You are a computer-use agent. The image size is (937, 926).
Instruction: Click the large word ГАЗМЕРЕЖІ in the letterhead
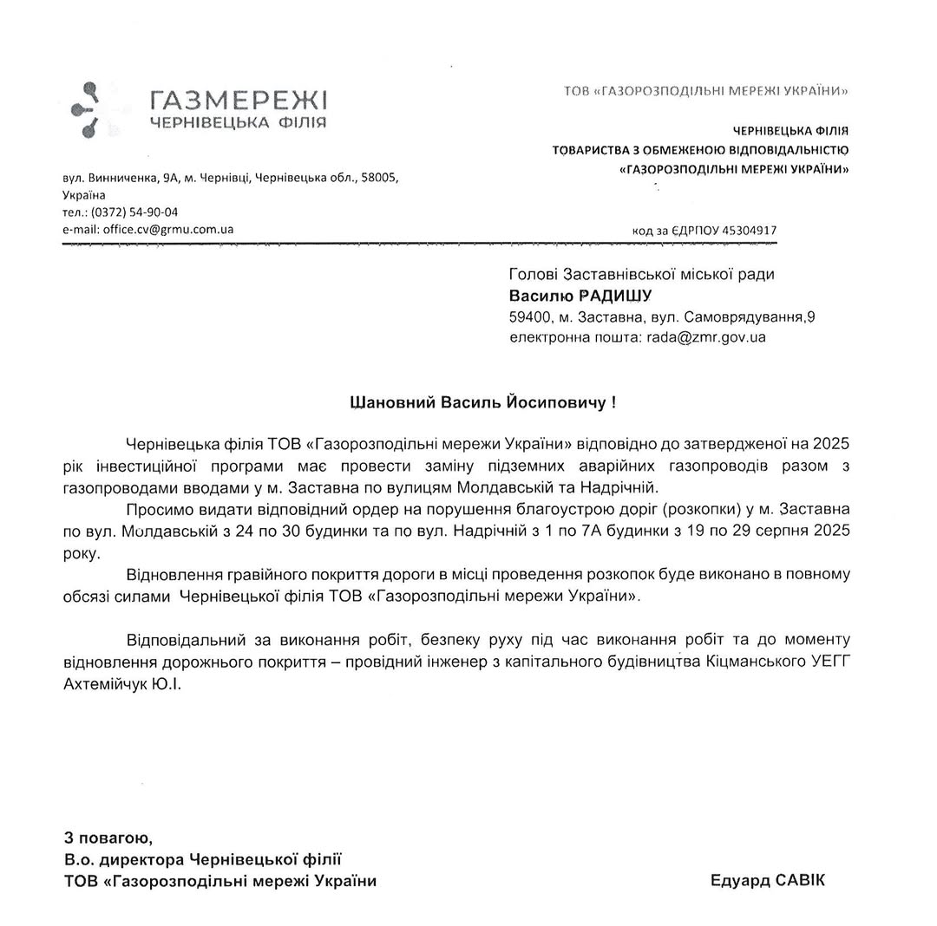pos(238,100)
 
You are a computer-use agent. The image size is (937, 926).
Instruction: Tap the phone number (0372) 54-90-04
pos(134,212)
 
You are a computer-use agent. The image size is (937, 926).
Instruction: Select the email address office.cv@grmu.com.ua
pos(168,230)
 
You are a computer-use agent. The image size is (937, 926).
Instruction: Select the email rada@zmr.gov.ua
pos(706,337)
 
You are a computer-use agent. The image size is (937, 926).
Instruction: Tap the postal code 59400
pos(529,317)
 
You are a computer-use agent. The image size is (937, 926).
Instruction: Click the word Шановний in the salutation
pos(392,402)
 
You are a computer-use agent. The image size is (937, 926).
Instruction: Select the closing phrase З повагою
pos(108,838)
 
